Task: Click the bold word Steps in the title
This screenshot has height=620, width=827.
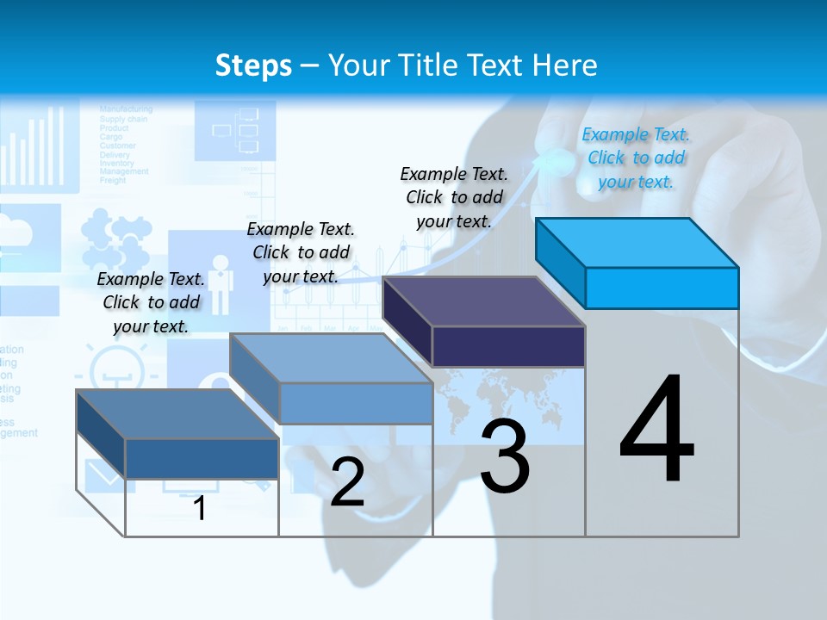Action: [252, 65]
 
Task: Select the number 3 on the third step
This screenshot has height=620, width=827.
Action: [505, 456]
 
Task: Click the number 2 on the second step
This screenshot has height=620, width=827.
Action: [347, 481]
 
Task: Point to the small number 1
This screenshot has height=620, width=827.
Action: [200, 508]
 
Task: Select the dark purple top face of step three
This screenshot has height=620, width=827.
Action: [483, 302]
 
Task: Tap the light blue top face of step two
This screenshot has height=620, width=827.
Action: [330, 358]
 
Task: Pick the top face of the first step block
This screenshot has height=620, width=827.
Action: [177, 414]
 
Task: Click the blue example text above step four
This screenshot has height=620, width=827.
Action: [636, 158]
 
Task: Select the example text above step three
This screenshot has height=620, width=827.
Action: [454, 197]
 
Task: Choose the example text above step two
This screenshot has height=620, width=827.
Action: [301, 252]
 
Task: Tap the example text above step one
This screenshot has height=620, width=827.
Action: [151, 302]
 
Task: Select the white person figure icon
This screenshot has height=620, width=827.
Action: [221, 283]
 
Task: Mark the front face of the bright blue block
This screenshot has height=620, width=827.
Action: [662, 288]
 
